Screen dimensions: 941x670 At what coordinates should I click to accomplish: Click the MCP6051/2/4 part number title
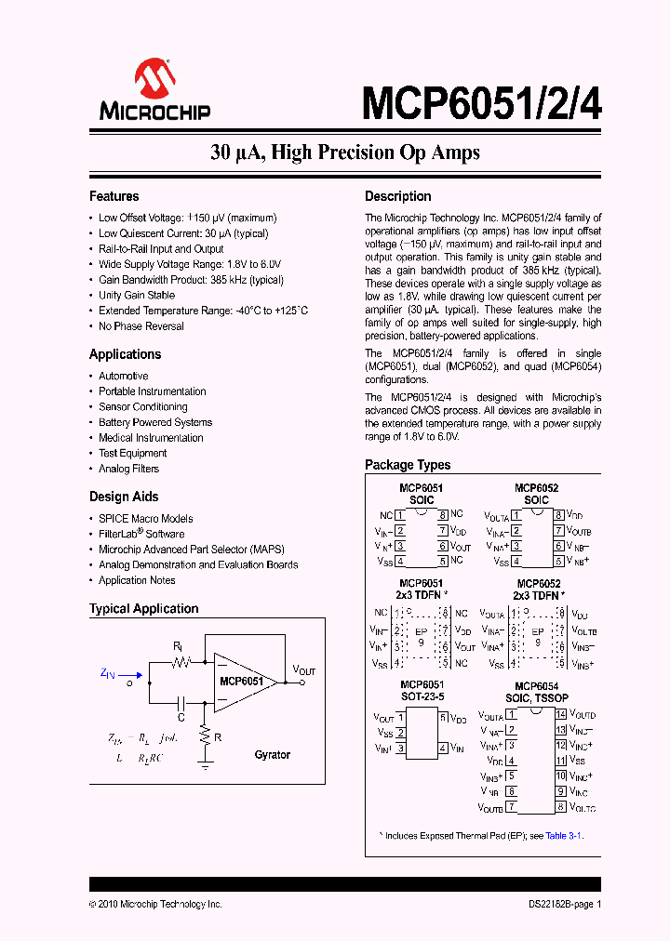pyautogui.click(x=481, y=101)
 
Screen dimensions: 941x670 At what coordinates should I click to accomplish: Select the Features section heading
pyautogui.click(x=114, y=196)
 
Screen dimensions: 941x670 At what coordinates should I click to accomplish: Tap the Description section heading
pyautogui.click(x=397, y=196)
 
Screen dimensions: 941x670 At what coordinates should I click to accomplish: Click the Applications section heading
pyautogui.click(x=125, y=354)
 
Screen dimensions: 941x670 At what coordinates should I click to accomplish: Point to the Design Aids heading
pyautogui.click(x=124, y=497)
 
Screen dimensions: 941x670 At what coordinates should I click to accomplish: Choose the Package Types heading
pyautogui.click(x=408, y=465)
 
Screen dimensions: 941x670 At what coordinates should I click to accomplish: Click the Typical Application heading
pyautogui.click(x=143, y=609)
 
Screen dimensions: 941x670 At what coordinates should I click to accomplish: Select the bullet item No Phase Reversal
pyautogui.click(x=141, y=326)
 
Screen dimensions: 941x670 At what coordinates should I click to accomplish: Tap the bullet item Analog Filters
pyautogui.click(x=129, y=469)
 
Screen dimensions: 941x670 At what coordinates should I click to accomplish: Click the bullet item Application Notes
pyautogui.click(x=137, y=580)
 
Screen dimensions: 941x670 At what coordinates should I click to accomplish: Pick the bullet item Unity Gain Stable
pyautogui.click(x=137, y=295)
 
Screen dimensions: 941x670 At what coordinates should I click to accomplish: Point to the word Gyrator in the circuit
pyautogui.click(x=273, y=755)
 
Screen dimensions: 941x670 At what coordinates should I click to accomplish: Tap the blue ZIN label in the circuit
pyautogui.click(x=108, y=672)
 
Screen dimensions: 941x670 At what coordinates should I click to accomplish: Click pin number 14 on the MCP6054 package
pyautogui.click(x=561, y=714)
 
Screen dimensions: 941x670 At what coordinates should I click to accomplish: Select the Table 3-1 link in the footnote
pyautogui.click(x=564, y=836)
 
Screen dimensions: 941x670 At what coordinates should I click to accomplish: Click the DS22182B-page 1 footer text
pyautogui.click(x=559, y=904)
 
